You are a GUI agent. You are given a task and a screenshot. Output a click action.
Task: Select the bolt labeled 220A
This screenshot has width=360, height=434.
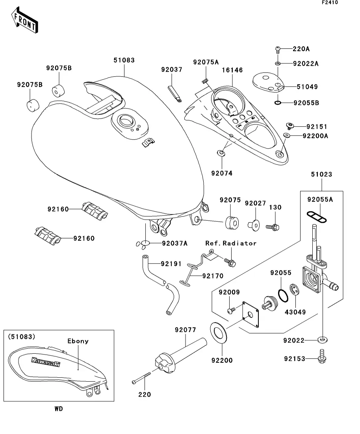click(277, 50)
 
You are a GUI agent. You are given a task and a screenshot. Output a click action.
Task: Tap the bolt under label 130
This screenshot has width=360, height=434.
click(273, 227)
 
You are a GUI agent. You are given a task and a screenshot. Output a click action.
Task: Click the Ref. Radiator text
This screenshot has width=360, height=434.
click(231, 243)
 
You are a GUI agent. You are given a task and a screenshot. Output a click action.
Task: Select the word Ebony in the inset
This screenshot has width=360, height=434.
click(78, 341)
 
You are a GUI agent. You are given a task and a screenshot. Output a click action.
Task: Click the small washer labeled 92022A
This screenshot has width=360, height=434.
click(278, 63)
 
